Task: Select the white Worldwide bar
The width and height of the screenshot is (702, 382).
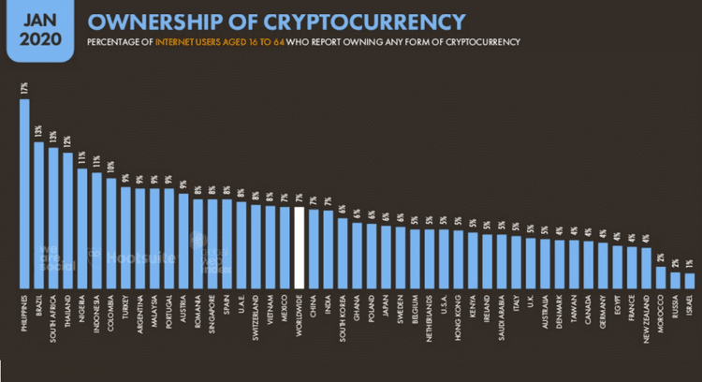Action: [300, 247]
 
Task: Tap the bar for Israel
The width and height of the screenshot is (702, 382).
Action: [690, 280]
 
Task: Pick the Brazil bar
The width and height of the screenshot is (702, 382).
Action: [38, 214]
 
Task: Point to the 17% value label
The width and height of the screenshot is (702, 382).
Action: [24, 89]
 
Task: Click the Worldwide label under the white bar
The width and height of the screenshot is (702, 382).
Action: [300, 315]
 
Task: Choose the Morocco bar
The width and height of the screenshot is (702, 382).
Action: [661, 277]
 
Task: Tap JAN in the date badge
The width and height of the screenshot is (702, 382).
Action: [39, 18]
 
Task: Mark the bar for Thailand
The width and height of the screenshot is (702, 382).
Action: [67, 220]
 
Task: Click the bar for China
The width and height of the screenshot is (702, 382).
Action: [314, 248]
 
